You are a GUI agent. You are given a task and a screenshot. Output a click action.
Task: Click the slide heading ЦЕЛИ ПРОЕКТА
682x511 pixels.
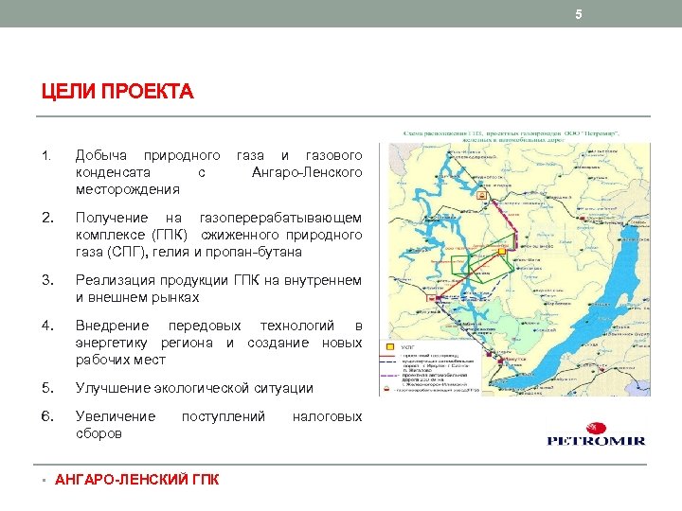tap(117, 93)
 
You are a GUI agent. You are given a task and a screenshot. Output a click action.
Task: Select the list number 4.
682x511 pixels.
tap(45, 326)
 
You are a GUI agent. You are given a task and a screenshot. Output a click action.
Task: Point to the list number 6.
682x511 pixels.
tap(45, 416)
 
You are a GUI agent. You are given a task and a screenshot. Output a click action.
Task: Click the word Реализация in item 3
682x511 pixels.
tap(115, 280)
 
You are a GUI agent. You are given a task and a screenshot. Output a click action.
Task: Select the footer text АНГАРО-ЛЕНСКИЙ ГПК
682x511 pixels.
tap(137, 480)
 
